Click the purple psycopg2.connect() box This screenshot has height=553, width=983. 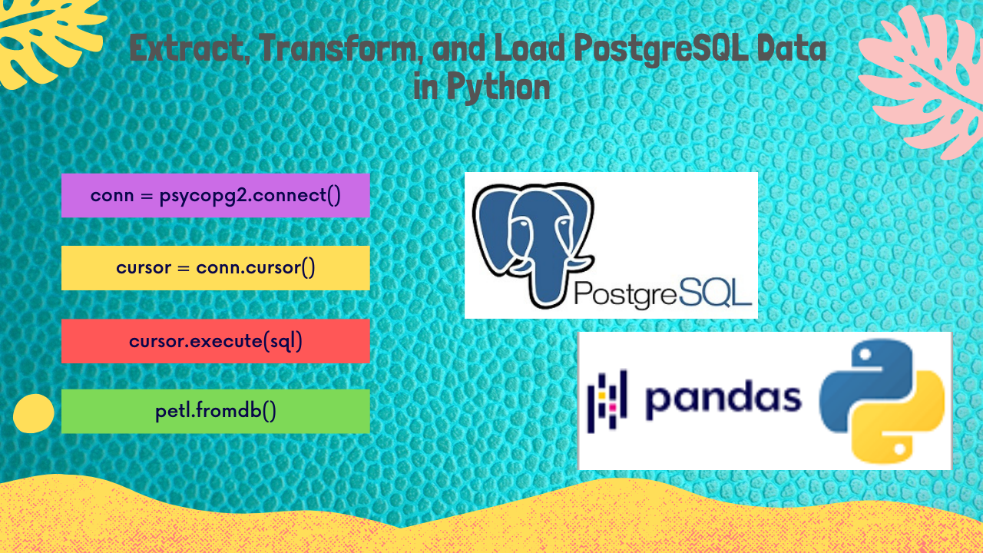[x=215, y=195]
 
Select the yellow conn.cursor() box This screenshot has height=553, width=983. [x=215, y=268]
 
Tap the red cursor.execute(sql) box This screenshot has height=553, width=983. [x=215, y=341]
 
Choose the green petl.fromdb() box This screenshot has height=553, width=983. [x=215, y=412]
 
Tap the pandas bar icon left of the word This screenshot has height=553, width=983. [x=607, y=397]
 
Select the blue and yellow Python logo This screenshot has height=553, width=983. [x=882, y=399]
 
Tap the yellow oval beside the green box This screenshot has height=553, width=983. [x=33, y=413]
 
